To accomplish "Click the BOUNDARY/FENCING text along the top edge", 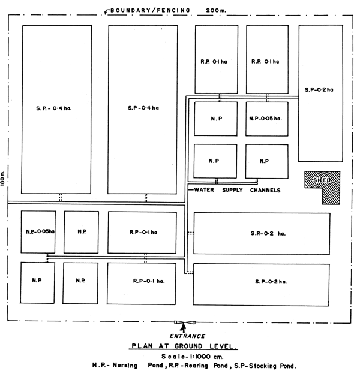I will point(150,10).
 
